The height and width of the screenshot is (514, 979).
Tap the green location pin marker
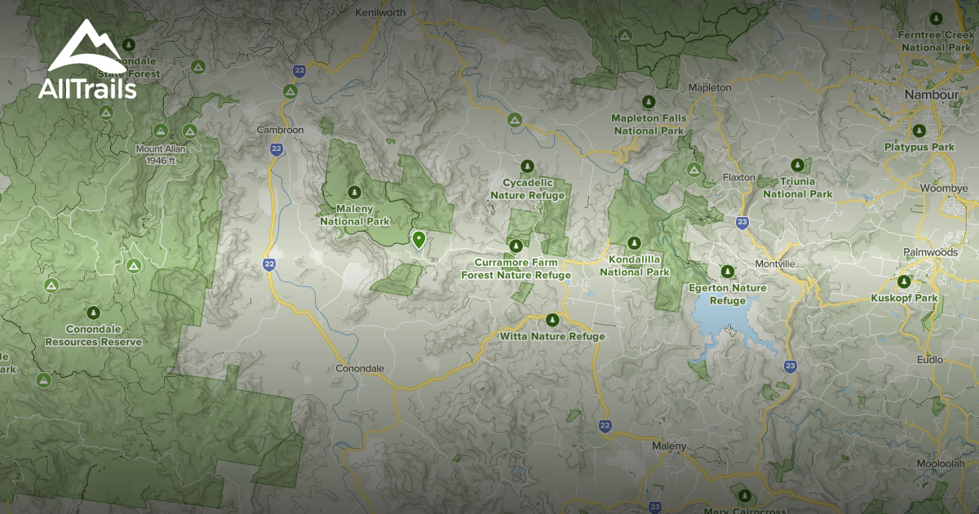(x=419, y=239)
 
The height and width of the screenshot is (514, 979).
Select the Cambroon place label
(x=280, y=130)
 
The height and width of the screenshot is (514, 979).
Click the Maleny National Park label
(x=355, y=215)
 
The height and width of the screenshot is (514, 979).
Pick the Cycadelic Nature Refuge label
(x=527, y=189)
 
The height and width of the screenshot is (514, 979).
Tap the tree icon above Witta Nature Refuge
(x=552, y=319)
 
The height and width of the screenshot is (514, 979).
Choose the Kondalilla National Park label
(x=635, y=265)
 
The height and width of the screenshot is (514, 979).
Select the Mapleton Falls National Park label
(x=649, y=124)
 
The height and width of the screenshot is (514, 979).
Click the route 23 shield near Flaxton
(x=742, y=221)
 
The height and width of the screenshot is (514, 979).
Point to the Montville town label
(x=775, y=264)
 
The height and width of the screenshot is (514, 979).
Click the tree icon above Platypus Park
(x=919, y=131)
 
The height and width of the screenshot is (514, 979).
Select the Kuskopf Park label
(x=904, y=299)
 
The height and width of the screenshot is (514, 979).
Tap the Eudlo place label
(x=929, y=360)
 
